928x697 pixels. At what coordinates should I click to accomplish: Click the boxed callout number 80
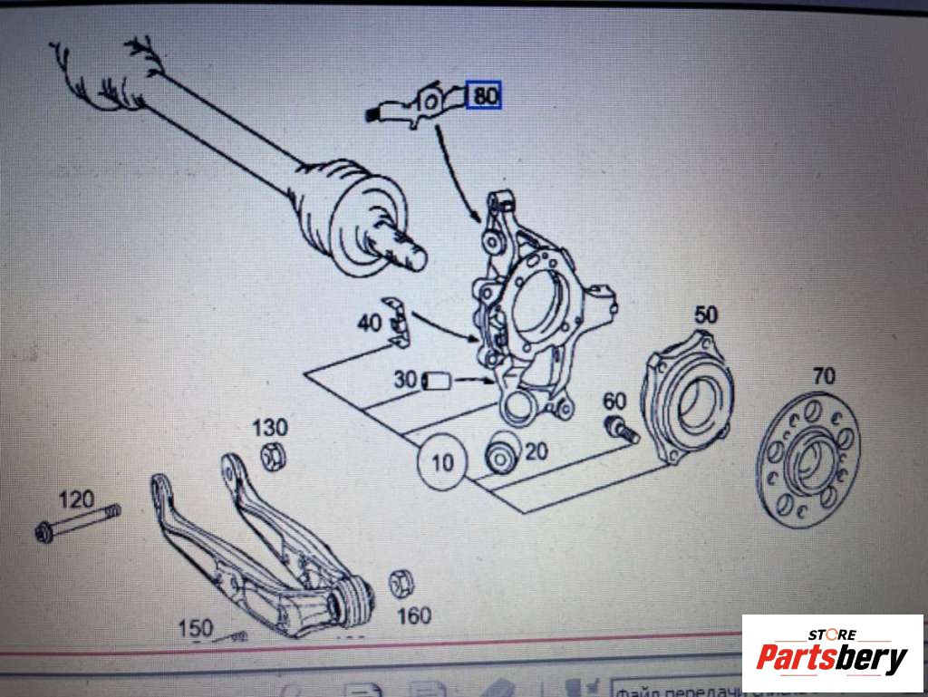pos(485,95)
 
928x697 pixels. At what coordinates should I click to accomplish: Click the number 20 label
pos(536,450)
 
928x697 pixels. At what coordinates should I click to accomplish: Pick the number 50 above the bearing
pos(706,315)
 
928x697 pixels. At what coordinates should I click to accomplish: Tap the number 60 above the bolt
pos(614,400)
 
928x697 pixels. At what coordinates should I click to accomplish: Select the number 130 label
pos(269,427)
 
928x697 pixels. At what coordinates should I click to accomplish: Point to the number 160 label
pos(414,616)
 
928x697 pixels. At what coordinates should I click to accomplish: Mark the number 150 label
pos(195,627)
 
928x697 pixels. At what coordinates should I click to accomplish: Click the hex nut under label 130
pos(271,457)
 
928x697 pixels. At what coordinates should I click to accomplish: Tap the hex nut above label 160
pos(399,584)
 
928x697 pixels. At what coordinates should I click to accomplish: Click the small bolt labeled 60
pos(621,429)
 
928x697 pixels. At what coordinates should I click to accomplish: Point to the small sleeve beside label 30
pos(438,381)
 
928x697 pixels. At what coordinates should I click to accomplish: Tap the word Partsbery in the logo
pos(831,659)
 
